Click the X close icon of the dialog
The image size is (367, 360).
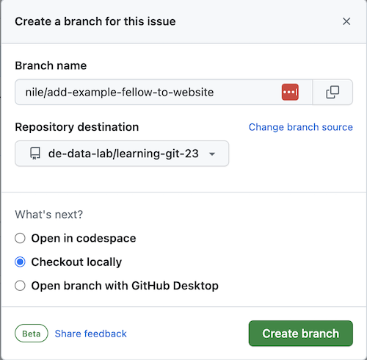(346, 21)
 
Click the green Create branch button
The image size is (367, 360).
(301, 334)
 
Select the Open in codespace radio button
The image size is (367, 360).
(20, 238)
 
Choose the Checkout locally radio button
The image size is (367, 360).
(20, 262)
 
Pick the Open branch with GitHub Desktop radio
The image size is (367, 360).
(20, 286)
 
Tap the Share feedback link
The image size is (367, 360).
(90, 334)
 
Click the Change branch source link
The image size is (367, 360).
(301, 127)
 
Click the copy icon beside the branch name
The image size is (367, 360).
(333, 92)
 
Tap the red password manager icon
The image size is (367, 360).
(290, 92)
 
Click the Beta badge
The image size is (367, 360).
(32, 334)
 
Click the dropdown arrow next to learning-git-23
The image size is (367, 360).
(212, 154)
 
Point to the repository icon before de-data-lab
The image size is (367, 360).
(35, 154)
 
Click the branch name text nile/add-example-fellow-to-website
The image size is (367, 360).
(120, 93)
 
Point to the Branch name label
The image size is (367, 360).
(51, 65)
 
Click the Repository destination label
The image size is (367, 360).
(77, 127)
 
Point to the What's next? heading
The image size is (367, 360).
(49, 215)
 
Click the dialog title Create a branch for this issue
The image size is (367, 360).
(95, 21)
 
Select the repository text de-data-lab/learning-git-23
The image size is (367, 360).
(123, 154)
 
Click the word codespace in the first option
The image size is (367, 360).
(106, 238)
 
